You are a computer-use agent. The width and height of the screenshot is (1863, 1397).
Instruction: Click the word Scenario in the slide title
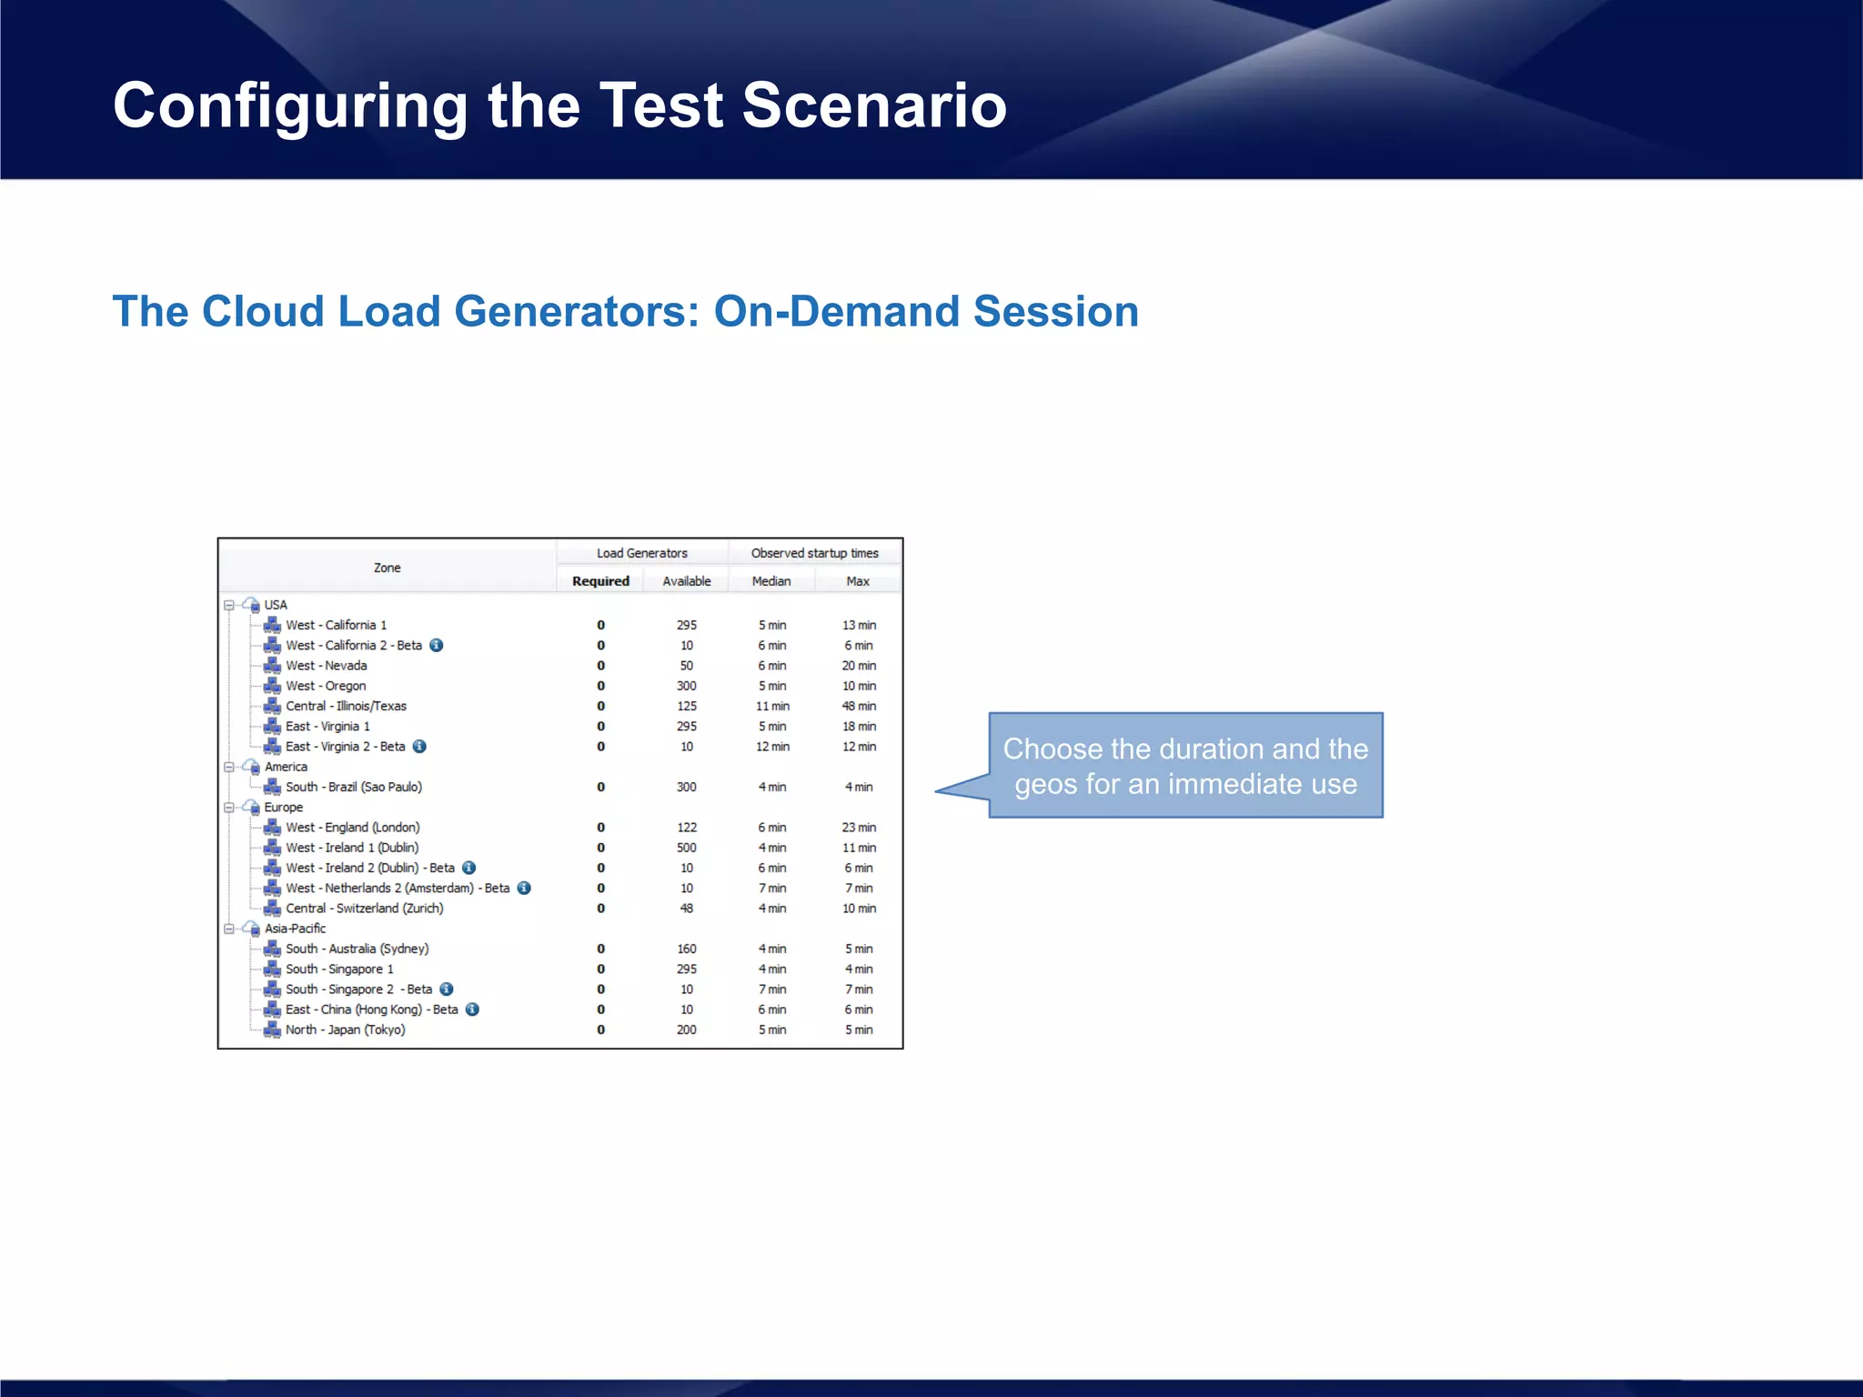(873, 106)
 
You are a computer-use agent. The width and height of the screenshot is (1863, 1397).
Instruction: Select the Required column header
(600, 581)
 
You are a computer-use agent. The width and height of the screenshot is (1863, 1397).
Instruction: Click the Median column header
(771, 581)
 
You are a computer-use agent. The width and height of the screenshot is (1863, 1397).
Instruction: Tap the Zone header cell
(388, 568)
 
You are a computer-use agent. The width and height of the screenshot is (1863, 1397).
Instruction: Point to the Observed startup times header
(814, 553)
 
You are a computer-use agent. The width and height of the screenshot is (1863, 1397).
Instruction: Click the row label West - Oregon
(326, 686)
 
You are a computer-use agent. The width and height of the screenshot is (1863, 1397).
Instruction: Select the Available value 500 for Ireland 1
(687, 848)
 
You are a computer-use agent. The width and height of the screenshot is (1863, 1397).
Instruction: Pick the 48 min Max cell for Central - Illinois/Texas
(859, 706)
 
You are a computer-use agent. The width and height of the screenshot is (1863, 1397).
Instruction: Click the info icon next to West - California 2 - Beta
(437, 646)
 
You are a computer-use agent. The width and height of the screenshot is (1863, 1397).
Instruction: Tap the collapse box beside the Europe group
(229, 808)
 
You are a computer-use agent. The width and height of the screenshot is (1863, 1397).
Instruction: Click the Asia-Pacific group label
(295, 929)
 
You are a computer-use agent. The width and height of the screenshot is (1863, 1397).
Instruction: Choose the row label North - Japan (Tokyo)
(345, 1030)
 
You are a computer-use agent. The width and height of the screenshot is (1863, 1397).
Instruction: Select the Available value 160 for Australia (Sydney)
(687, 949)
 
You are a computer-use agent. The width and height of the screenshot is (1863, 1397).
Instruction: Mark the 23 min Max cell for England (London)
(859, 828)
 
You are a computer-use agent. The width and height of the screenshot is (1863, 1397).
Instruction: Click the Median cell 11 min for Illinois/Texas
(772, 706)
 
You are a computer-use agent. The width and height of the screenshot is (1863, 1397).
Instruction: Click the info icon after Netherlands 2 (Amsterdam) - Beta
(524, 889)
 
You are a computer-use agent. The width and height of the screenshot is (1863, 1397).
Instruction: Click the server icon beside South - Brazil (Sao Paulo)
(272, 787)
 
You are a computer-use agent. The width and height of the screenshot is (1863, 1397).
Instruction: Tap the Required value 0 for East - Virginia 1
(600, 727)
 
